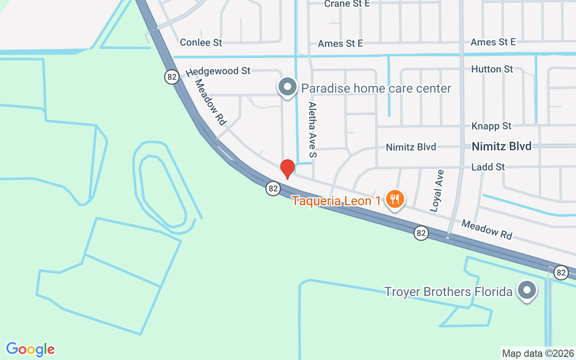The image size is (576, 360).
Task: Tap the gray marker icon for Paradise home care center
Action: (x=288, y=87)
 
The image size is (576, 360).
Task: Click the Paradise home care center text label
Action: (x=376, y=88)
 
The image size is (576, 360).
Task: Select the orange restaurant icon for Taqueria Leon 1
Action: (x=395, y=199)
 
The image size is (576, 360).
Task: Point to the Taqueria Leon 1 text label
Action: (x=337, y=200)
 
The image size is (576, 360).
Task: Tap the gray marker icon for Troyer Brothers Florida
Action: (x=526, y=291)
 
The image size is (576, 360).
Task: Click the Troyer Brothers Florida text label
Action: (x=448, y=292)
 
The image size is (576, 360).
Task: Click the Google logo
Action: (x=31, y=349)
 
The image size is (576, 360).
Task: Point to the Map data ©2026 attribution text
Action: (x=538, y=353)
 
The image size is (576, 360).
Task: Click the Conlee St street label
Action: (x=201, y=42)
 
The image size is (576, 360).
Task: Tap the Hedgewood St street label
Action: (x=218, y=71)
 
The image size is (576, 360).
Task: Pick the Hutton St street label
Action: (x=492, y=69)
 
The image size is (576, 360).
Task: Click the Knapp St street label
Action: (x=491, y=126)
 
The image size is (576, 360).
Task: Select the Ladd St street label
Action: (x=488, y=167)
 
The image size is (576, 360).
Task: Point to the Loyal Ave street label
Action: (x=436, y=191)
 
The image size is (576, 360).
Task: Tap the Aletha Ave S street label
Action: (x=312, y=130)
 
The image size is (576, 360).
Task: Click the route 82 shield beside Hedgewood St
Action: (x=171, y=77)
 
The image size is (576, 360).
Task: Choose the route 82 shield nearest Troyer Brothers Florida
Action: (x=560, y=272)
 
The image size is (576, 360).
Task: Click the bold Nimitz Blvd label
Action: (x=502, y=146)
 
